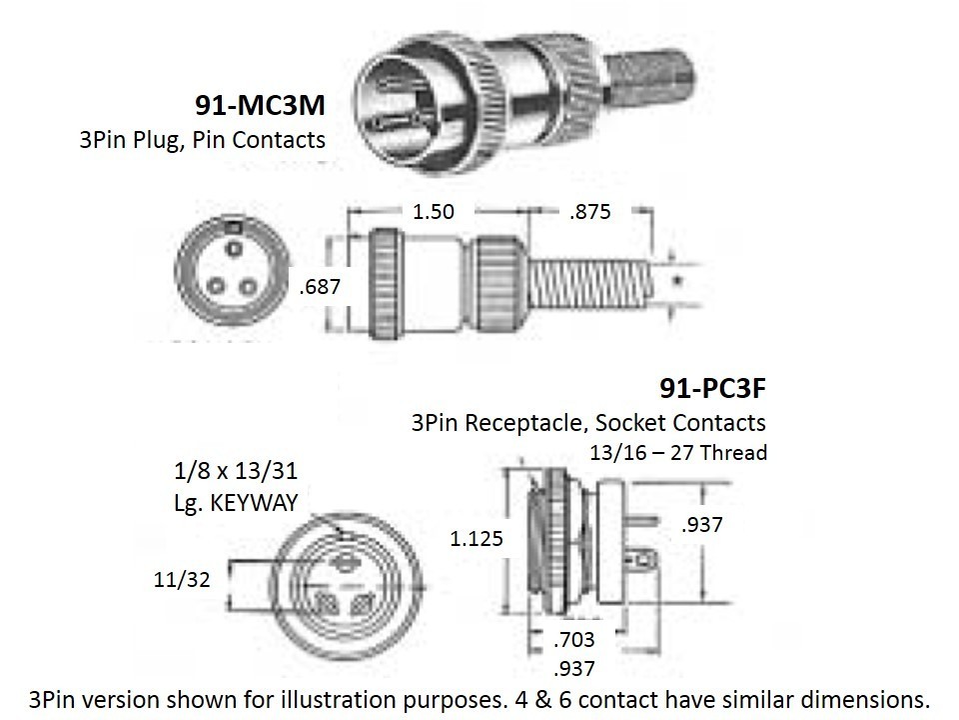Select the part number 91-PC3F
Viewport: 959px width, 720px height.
[712, 387]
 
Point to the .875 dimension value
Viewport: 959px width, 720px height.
[589, 212]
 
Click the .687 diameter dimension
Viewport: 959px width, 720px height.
[320, 287]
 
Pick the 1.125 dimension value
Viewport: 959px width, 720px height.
[477, 539]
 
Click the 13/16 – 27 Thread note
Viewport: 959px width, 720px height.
[679, 453]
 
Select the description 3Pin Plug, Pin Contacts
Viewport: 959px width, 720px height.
[202, 139]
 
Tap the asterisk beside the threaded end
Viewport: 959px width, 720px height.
[678, 282]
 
